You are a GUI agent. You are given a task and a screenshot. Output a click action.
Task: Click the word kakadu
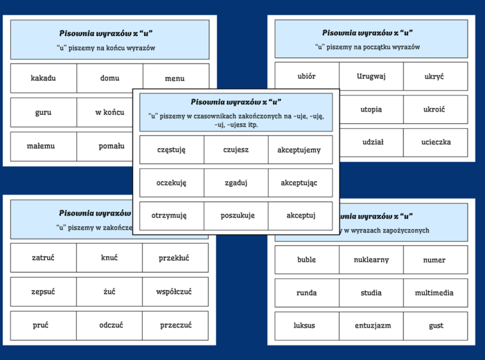(x=43, y=78)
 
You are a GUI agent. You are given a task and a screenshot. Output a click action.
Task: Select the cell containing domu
(x=109, y=78)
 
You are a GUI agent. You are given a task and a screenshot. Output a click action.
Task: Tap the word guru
(x=43, y=112)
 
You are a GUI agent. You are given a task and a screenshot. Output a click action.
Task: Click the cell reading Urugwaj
(x=371, y=76)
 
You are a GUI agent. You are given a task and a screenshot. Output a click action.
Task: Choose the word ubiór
(x=307, y=76)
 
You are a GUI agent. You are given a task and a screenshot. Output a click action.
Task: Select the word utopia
(x=371, y=109)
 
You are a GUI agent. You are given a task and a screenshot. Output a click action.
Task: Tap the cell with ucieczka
(x=436, y=142)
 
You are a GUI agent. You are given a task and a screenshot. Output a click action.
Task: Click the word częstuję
(x=171, y=150)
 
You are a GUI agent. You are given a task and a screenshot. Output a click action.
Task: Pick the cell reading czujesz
(x=236, y=150)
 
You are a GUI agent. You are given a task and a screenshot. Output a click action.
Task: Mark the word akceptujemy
(x=299, y=150)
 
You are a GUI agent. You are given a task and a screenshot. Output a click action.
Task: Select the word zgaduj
(x=236, y=183)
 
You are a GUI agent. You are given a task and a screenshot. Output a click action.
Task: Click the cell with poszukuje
(x=236, y=215)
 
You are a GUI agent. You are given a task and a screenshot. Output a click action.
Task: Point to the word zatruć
(x=43, y=258)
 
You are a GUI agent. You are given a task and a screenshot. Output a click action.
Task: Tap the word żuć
(x=109, y=291)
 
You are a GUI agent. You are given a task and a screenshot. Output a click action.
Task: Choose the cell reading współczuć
(x=174, y=291)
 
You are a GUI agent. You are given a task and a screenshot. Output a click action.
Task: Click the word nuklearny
(x=371, y=260)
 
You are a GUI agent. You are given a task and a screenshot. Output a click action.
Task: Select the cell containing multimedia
(x=436, y=293)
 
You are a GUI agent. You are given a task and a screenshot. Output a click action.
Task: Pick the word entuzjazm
(x=371, y=325)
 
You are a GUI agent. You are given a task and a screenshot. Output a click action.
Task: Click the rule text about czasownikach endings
(x=236, y=120)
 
